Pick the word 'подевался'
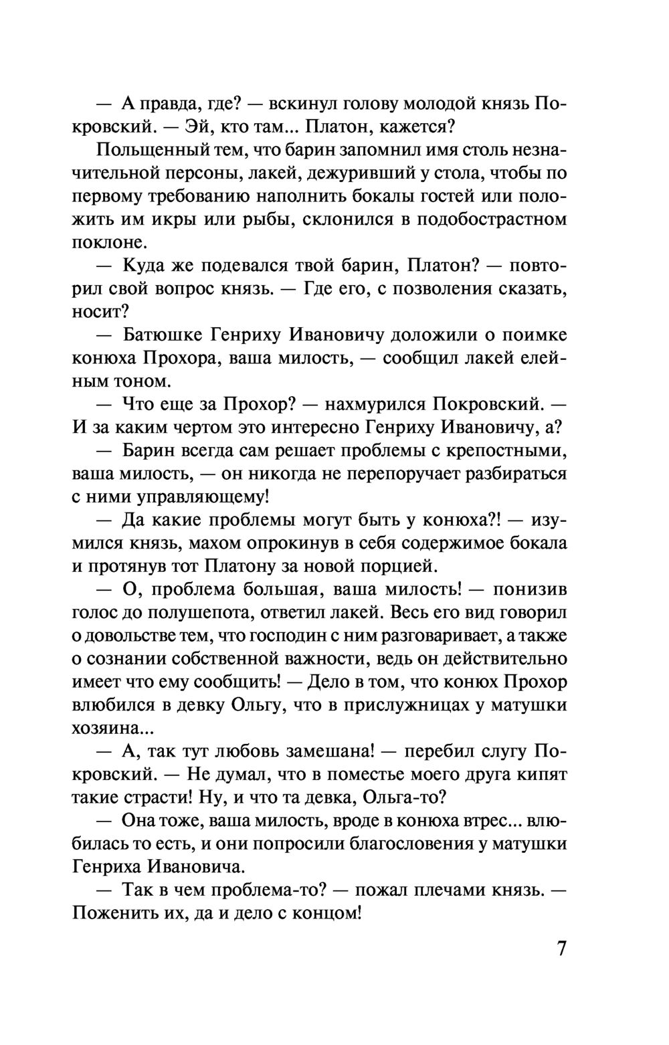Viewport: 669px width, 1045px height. [243, 266]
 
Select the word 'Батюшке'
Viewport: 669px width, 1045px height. [157, 335]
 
